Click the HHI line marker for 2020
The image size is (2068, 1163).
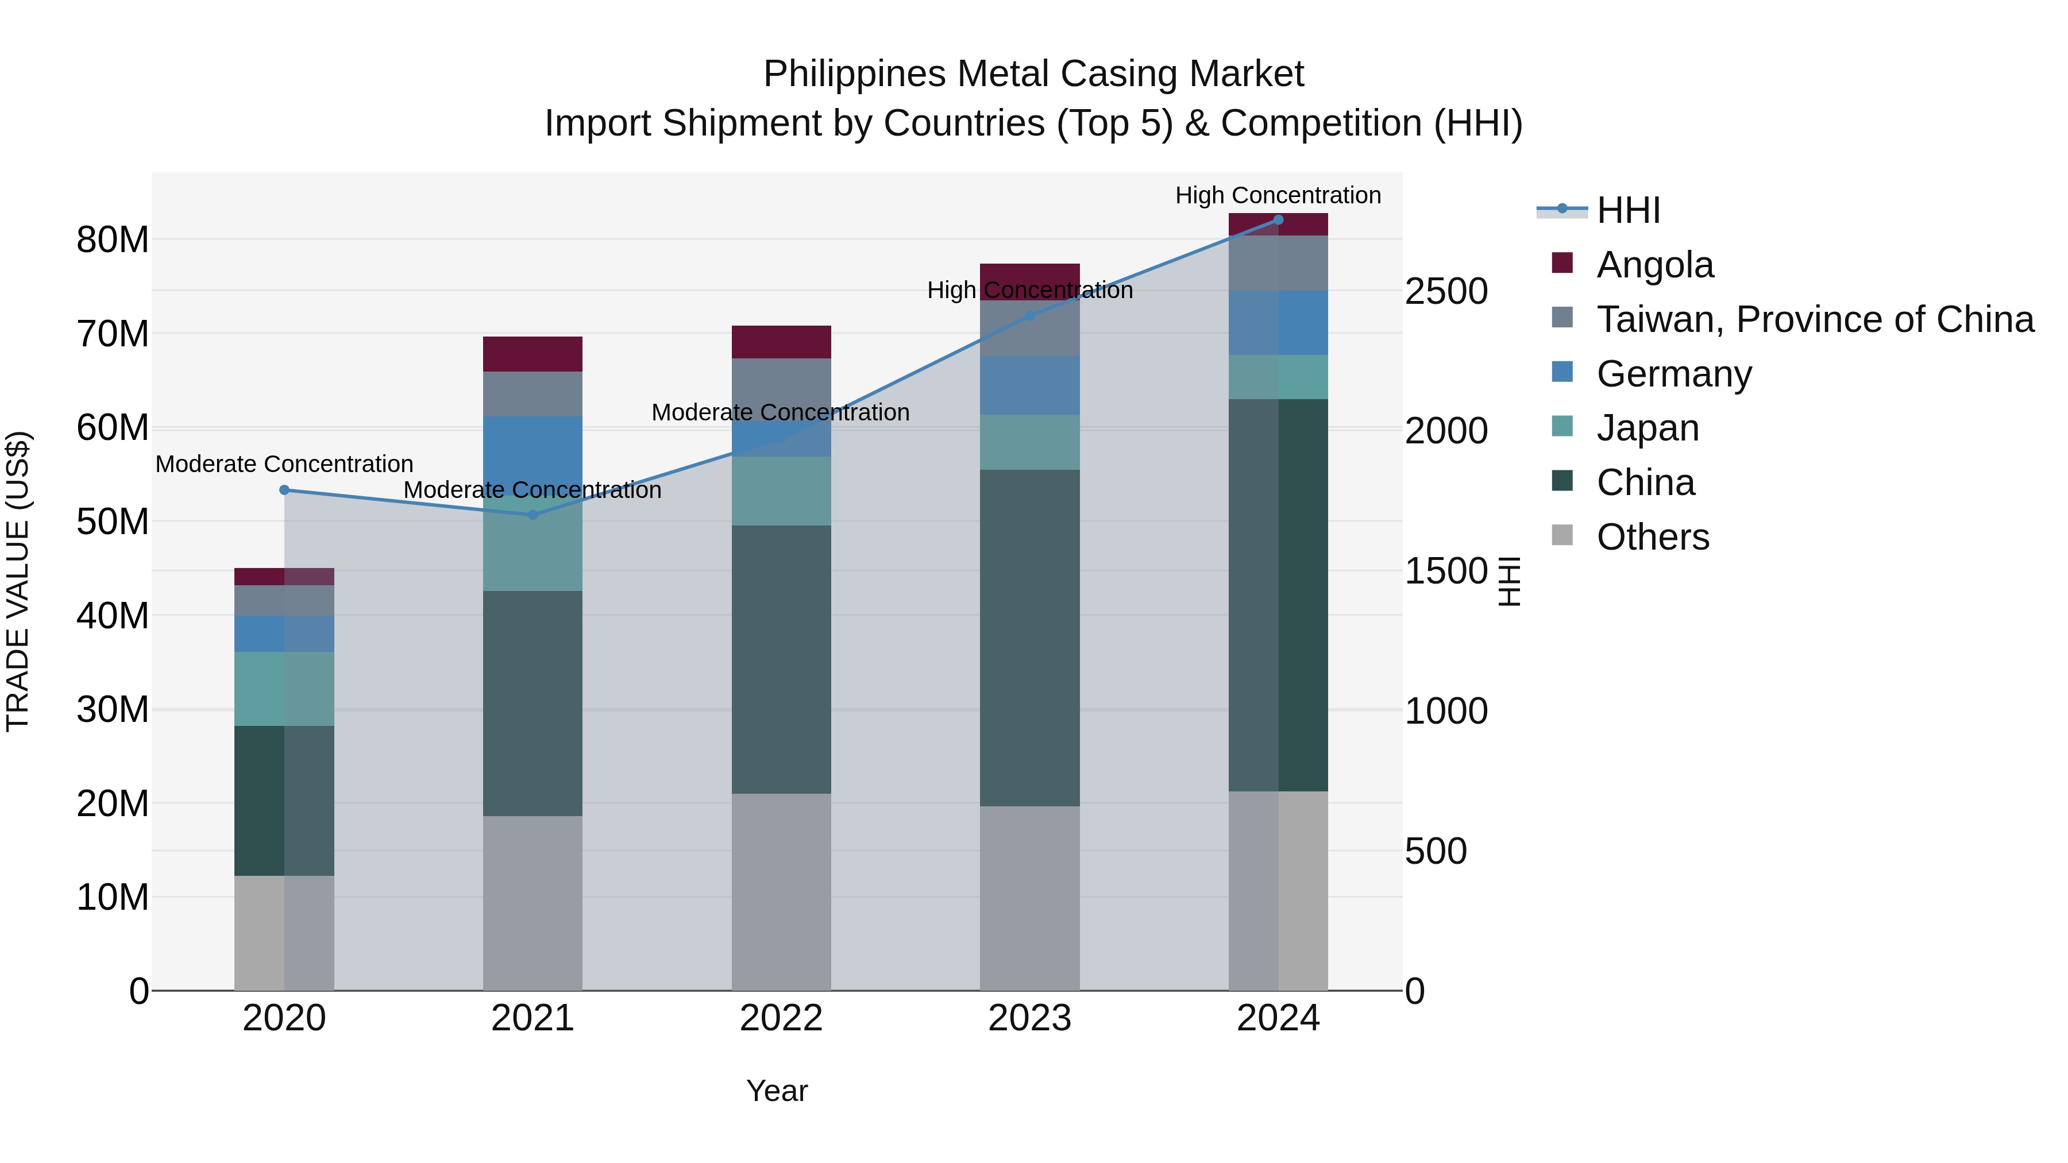284,489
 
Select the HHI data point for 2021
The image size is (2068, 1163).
533,515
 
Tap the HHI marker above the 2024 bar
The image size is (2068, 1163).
1278,220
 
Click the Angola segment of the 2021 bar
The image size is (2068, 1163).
533,354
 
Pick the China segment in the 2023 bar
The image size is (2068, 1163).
1029,638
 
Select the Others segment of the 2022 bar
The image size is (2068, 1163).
781,892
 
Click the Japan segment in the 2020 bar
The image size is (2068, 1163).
284,689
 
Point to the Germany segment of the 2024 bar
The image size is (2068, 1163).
1278,323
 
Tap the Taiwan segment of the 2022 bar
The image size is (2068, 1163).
781,389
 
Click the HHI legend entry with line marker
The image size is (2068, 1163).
1627,210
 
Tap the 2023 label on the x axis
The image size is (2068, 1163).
1029,1018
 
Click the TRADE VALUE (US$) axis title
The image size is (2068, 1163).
18,581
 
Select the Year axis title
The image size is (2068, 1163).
776,1091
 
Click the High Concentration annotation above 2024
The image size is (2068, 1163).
1278,195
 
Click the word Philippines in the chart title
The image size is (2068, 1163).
854,74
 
